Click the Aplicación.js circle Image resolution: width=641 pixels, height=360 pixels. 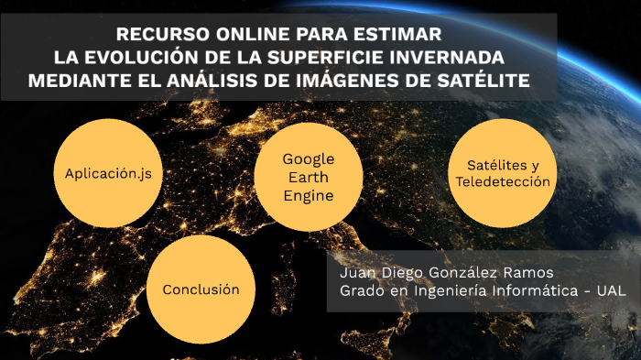click(108, 173)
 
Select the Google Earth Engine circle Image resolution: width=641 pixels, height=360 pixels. click(309, 177)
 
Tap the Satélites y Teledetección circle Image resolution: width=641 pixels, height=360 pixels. click(503, 173)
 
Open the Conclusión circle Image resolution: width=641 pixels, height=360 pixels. click(201, 289)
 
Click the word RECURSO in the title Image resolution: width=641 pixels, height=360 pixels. click(163, 35)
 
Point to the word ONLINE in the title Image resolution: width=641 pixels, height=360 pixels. click(253, 35)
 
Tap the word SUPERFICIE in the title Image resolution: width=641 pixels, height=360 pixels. click(325, 58)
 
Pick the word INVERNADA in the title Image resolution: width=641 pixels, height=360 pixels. click(447, 58)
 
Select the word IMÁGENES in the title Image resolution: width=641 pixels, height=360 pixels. click(347, 81)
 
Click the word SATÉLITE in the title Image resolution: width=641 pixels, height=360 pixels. click(483, 81)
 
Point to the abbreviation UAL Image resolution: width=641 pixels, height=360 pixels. click(611, 290)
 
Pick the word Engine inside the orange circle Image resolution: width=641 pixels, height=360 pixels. click(309, 196)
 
